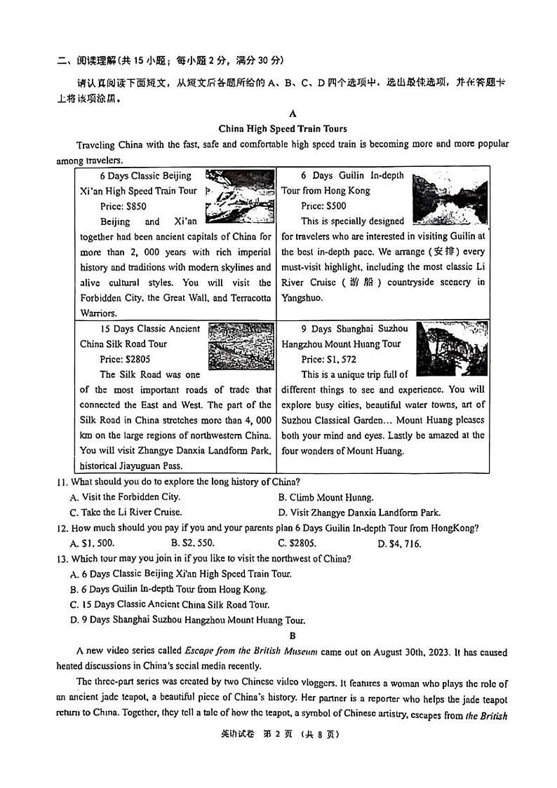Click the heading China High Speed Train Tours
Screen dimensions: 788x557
[x=283, y=128]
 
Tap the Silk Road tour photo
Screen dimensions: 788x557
[x=241, y=346]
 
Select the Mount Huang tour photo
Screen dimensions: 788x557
[x=452, y=348]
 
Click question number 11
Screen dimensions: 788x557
[x=62, y=482]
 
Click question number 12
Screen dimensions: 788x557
[x=62, y=528]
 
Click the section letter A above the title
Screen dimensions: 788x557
[x=293, y=114]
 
